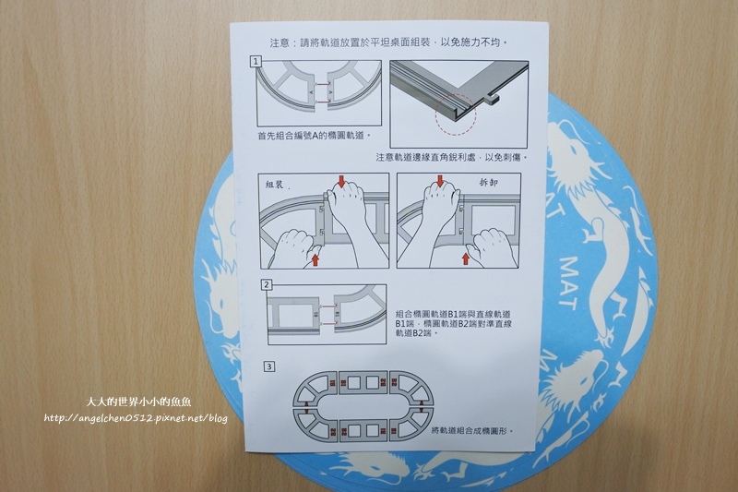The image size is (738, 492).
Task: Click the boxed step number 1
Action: pos(256,62)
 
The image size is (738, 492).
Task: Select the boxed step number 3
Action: pos(268,366)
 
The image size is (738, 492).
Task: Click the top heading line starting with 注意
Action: pos(387,42)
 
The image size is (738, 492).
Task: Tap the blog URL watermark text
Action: pos(135,417)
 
